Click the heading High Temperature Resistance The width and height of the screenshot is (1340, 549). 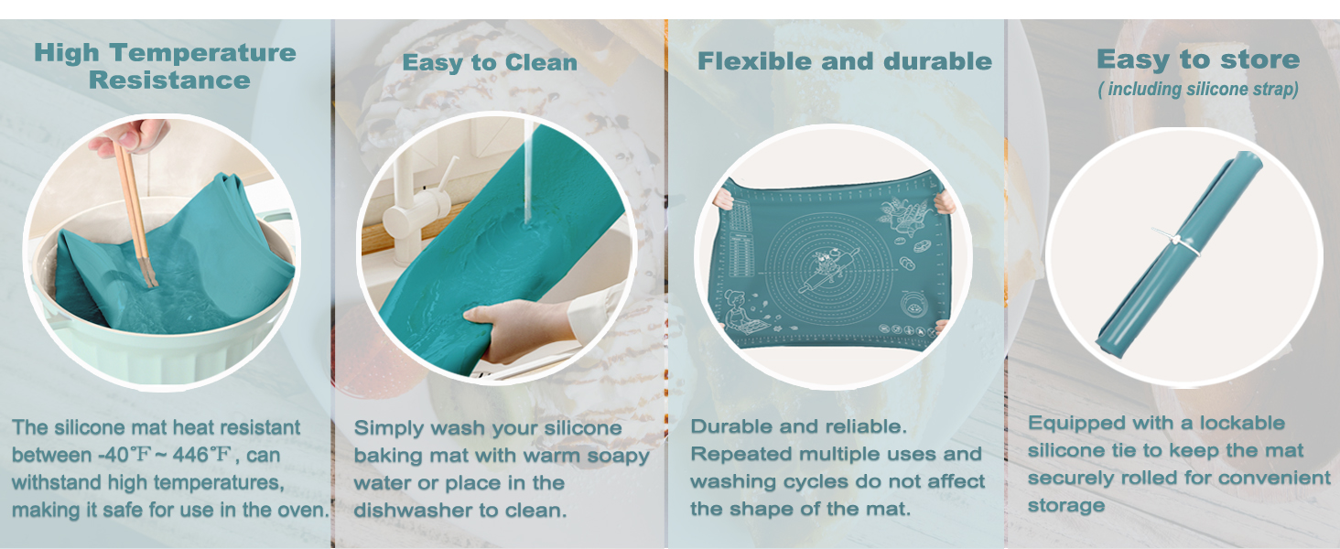click(x=165, y=66)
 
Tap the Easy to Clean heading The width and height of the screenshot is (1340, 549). click(x=490, y=62)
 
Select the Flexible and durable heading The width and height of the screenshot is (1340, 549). click(x=844, y=61)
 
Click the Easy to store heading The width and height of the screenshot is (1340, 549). click(x=1197, y=60)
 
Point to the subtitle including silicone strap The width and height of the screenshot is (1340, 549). click(x=1197, y=90)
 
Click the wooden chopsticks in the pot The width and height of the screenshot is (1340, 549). click(x=134, y=210)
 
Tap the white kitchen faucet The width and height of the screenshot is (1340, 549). click(x=416, y=210)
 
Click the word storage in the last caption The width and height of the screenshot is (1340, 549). click(x=1065, y=505)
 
